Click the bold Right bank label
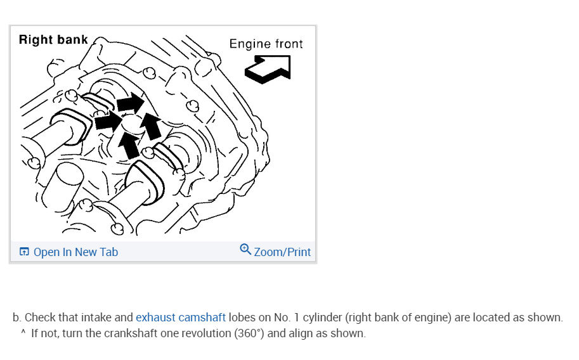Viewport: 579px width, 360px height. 53,40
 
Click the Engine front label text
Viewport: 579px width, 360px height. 266,44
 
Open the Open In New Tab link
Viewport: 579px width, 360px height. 75,252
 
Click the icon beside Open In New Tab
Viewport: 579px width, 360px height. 24,252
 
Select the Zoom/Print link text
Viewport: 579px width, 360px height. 282,252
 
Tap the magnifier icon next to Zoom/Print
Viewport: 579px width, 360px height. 245,249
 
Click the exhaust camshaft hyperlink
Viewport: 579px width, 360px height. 181,318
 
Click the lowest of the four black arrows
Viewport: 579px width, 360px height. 129,146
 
